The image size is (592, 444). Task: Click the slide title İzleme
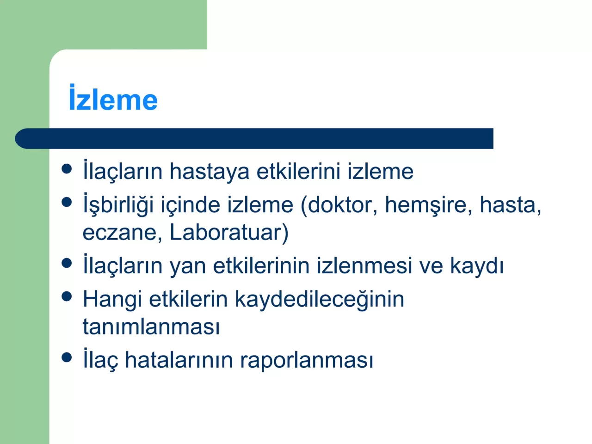tap(113, 99)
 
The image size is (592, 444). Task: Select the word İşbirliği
tap(118, 205)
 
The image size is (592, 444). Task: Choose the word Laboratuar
tap(226, 232)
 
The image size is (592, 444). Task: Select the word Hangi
tap(112, 300)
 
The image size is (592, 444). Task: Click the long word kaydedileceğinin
tap(319, 300)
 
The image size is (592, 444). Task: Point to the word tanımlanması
tap(151, 327)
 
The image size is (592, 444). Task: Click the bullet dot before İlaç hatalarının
tap(67, 357)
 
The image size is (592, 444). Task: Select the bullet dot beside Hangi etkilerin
tap(67, 296)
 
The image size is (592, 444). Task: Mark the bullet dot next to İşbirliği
tap(67, 202)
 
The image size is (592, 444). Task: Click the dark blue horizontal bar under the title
tap(254, 138)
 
